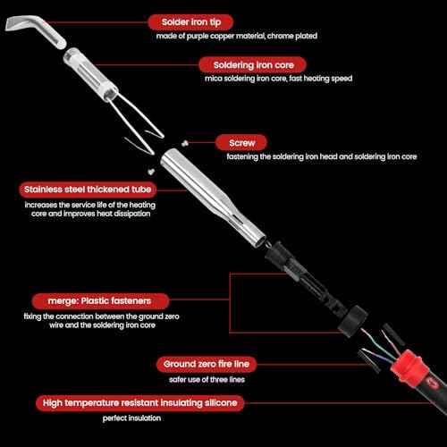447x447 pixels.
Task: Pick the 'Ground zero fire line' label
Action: tap(210, 364)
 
